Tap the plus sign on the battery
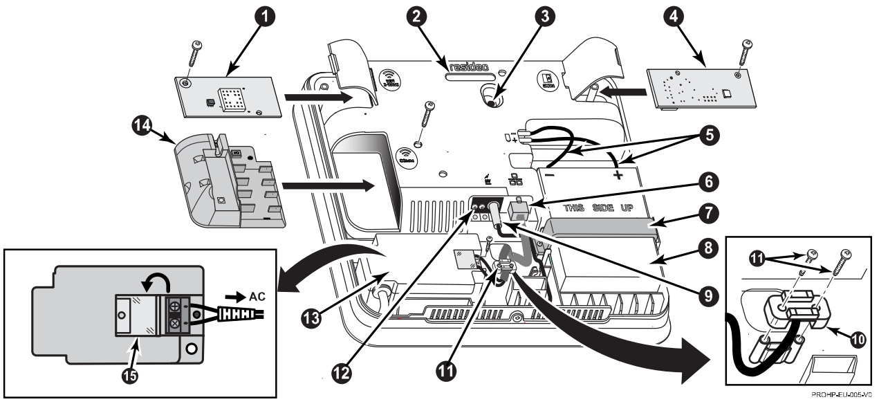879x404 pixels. coord(618,176)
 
